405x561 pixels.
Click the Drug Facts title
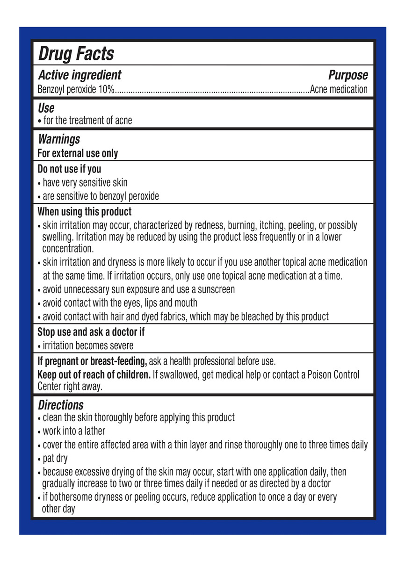76,54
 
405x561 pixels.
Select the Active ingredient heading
79,75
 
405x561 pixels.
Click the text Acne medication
339,89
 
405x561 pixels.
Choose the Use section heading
46,109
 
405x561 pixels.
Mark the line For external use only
78,153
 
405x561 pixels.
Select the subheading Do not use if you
69,169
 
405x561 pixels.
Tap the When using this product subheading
84,211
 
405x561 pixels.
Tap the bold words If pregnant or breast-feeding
92,361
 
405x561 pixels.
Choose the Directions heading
60,404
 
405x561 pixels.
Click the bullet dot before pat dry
39,459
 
